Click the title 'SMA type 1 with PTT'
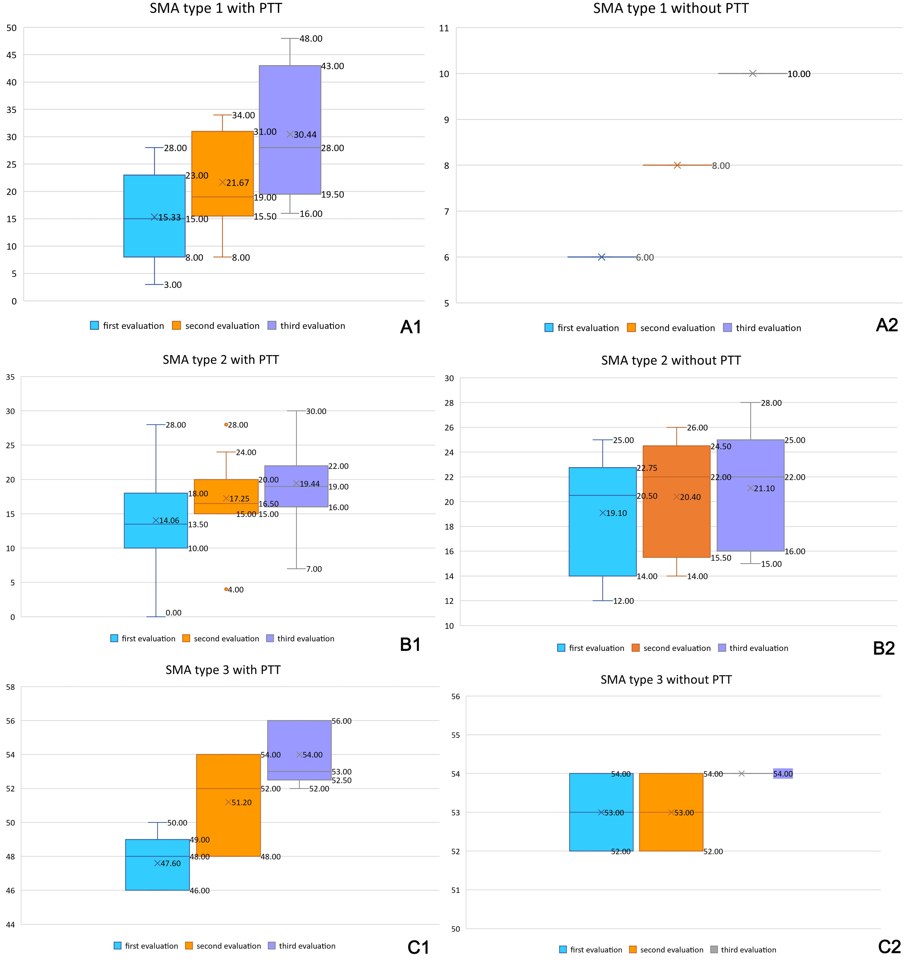[x=216, y=9]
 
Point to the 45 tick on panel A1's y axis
[x=11, y=55]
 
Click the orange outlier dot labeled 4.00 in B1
[x=226, y=589]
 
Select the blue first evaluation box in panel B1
[x=156, y=533]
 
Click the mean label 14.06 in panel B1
[x=169, y=521]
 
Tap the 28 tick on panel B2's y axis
[x=449, y=403]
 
